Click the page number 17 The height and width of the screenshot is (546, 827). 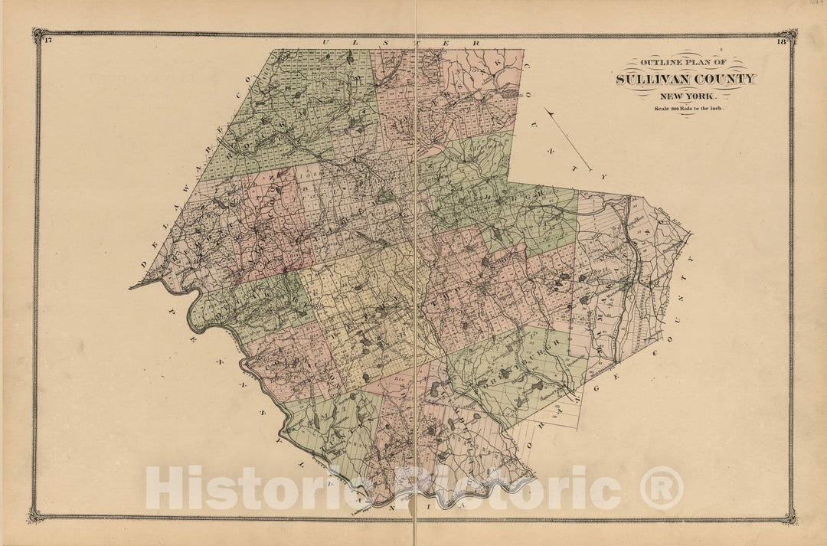(47, 41)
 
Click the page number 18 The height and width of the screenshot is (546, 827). (780, 41)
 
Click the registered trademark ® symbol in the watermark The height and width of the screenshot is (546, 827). (661, 489)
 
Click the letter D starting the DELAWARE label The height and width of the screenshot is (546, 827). (143, 264)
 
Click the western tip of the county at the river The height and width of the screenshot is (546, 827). (131, 287)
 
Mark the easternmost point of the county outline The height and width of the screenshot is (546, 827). (691, 233)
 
